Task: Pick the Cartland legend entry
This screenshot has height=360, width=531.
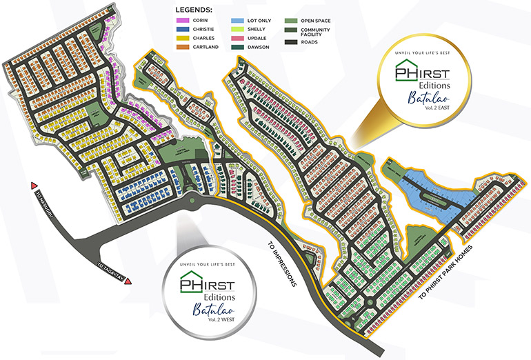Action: click(200, 46)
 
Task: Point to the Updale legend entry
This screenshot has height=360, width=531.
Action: click(258, 38)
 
